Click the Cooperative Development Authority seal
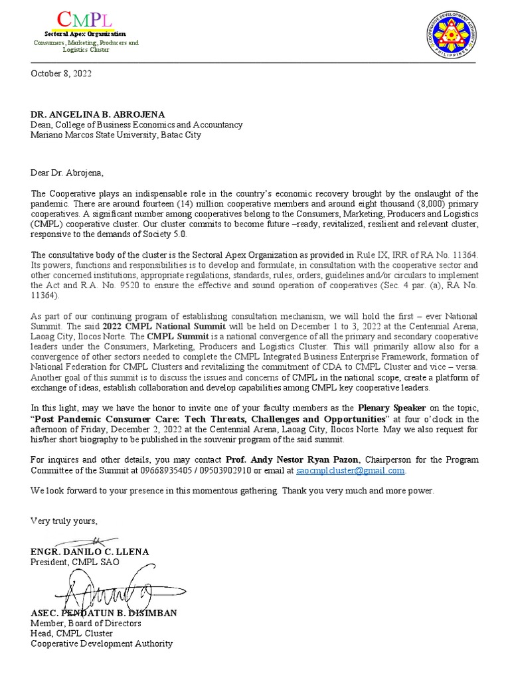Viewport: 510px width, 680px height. coord(452,37)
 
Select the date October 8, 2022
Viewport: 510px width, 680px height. coord(61,74)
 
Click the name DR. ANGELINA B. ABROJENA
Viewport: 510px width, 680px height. coord(98,114)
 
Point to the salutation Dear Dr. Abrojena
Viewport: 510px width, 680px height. coord(67,173)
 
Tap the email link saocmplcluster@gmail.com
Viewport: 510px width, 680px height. coord(350,470)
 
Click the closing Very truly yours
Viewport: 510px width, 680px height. coord(64,521)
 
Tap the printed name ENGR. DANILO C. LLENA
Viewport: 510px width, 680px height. coord(90,552)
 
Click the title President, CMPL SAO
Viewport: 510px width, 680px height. coord(75,562)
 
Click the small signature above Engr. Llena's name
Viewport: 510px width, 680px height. coord(94,540)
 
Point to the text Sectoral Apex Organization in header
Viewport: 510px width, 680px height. coord(85,33)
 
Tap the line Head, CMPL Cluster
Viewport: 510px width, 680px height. coord(72,634)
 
